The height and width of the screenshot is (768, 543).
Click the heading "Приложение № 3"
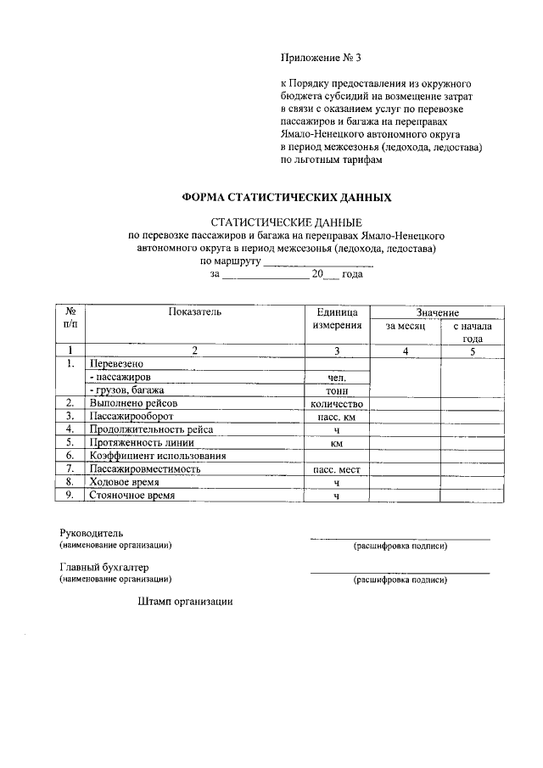(321, 59)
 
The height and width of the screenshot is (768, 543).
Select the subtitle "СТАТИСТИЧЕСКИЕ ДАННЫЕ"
(287, 221)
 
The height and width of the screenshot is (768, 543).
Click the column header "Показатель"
(194, 312)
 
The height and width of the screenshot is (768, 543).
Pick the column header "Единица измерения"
(337, 318)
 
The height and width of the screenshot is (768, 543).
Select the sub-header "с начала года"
(473, 332)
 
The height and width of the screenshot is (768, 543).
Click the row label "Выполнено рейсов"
(132, 403)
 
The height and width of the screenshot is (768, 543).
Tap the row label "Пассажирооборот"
(129, 417)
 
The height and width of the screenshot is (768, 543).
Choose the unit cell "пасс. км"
(337, 418)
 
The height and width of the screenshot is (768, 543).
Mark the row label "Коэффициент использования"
(158, 456)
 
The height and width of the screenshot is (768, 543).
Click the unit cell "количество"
(337, 404)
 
